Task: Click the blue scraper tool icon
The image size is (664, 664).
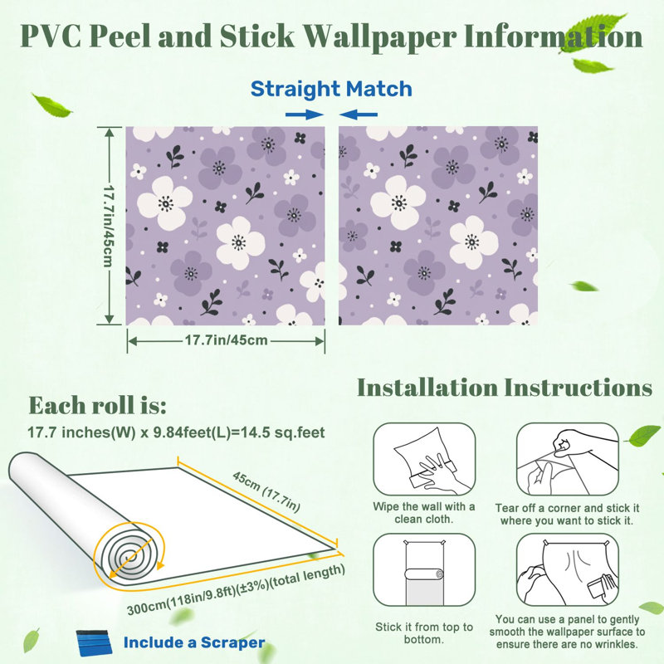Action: (95, 642)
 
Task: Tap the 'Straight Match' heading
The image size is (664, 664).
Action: (331, 89)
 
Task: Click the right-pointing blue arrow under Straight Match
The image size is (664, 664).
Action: (305, 115)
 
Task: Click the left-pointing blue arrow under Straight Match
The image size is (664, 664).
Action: (359, 115)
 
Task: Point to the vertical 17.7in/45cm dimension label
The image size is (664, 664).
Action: (110, 226)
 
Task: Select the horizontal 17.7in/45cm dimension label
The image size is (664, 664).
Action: (226, 340)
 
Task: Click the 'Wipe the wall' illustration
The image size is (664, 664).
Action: (424, 459)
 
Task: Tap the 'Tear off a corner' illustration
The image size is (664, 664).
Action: (567, 459)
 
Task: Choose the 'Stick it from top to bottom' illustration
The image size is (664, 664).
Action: (424, 569)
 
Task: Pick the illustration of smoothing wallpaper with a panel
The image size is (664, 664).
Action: (567, 569)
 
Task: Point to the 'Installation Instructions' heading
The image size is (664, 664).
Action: (505, 388)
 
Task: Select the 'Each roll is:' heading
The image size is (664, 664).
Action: (97, 405)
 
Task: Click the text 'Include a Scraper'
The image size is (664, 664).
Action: (194, 642)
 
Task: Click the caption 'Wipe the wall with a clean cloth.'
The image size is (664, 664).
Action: (424, 513)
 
